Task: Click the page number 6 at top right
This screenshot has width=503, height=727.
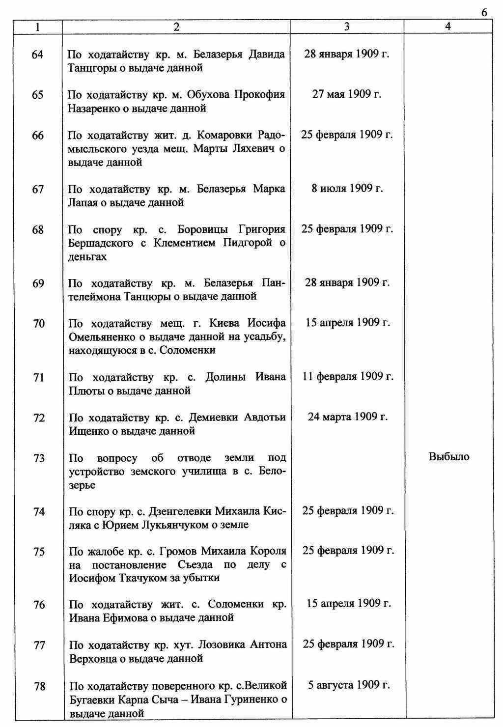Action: pyautogui.click(x=484, y=12)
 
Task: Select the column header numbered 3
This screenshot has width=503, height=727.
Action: pyautogui.click(x=347, y=28)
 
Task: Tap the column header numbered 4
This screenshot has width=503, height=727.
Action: pyautogui.click(x=447, y=28)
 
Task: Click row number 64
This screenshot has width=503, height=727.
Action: pyautogui.click(x=37, y=55)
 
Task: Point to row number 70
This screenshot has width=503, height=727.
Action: pyautogui.click(x=38, y=323)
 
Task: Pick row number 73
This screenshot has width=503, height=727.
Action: pyautogui.click(x=38, y=458)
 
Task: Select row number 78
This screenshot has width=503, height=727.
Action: pyautogui.click(x=39, y=686)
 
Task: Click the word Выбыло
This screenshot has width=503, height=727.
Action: pyautogui.click(x=449, y=457)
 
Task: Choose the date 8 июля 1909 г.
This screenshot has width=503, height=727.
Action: pyautogui.click(x=347, y=189)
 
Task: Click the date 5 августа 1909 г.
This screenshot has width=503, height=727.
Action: pyautogui.click(x=349, y=685)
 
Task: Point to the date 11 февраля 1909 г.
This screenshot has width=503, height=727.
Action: pyautogui.click(x=348, y=377)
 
